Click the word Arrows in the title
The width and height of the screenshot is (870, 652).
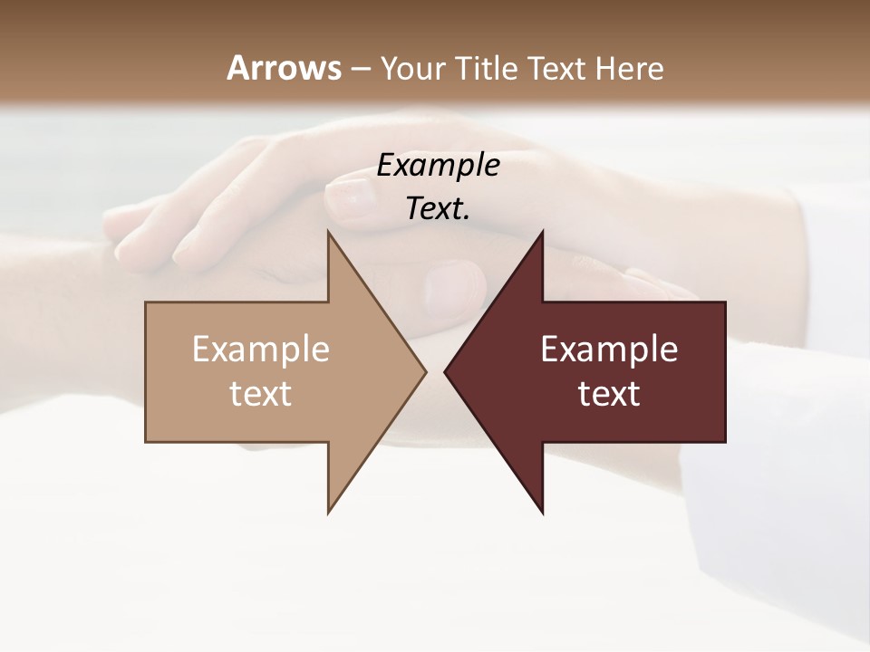[284, 68]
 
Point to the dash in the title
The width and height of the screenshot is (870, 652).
[361, 69]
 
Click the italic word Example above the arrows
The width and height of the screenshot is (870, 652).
[439, 165]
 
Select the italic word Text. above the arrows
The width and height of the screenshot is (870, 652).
[439, 208]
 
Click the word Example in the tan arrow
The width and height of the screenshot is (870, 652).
[261, 349]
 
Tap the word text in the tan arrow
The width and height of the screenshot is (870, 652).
[261, 393]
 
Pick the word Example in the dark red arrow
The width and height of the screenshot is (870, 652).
[609, 349]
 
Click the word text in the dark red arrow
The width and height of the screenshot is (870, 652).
[609, 393]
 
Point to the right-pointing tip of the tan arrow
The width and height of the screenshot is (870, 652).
[425, 371]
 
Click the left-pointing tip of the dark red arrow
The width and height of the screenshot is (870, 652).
[445, 371]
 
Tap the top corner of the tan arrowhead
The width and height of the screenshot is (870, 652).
[328, 232]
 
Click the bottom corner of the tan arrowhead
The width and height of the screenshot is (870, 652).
[328, 513]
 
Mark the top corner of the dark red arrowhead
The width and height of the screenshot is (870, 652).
[542, 232]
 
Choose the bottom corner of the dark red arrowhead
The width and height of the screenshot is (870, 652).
[542, 513]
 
